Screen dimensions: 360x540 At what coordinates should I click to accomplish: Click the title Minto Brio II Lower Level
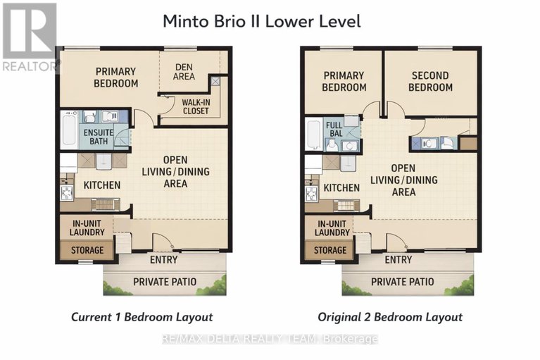pos(261,21)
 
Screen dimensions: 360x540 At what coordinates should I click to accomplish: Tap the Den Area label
pos(184,72)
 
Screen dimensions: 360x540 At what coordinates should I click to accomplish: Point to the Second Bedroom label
pos(432,82)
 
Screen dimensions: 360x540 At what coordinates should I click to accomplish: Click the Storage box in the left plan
pos(87,250)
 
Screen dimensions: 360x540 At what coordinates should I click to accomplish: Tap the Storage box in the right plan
pos(329,250)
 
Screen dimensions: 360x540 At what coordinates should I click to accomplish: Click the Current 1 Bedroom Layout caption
pos(142,317)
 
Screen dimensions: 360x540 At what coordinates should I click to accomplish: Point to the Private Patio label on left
pos(165,283)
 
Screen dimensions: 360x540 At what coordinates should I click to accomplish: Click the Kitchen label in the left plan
pos(102,185)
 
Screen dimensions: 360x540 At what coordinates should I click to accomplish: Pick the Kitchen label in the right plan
pos(342,188)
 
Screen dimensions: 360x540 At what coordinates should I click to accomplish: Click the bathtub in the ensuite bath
pos(67,131)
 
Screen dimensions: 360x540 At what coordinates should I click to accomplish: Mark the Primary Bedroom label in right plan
pos(344,82)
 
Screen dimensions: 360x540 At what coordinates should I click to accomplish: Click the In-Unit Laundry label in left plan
pos(88,228)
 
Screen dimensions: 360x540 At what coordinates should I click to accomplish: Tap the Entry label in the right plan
pos(398,260)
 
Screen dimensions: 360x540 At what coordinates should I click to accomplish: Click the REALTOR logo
pos(30,37)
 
